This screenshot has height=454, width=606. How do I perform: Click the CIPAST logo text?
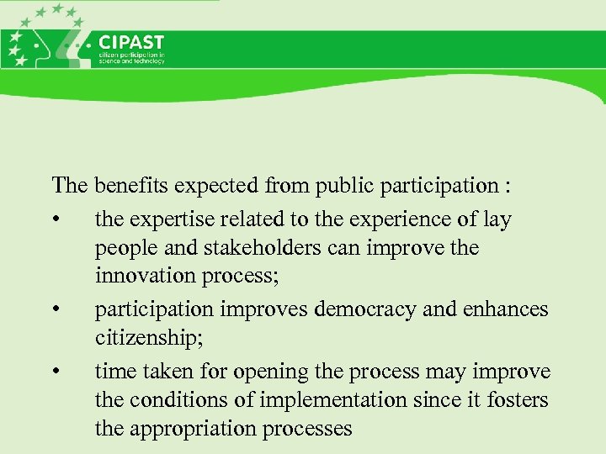pyautogui.click(x=131, y=42)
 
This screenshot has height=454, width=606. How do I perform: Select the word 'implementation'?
pyautogui.click(x=324, y=401)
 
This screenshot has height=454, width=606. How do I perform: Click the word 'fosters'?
pyautogui.click(x=517, y=401)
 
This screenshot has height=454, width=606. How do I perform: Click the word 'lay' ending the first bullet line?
pyautogui.click(x=498, y=220)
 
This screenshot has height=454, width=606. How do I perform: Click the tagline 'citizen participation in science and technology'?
pyautogui.click(x=132, y=58)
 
